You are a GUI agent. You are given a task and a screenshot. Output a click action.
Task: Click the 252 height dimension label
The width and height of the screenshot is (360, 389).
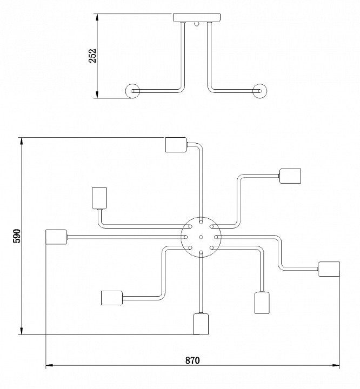coord(92,56)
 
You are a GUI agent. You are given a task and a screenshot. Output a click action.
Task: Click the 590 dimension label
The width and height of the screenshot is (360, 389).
coord(17,236)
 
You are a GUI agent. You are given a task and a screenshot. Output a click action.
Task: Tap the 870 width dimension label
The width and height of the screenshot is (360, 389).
coord(192,360)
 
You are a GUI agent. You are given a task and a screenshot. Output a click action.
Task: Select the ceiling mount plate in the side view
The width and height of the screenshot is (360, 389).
coord(197,18)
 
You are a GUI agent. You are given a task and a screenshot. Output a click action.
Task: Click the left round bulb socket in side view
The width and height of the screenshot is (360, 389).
coord(132,91)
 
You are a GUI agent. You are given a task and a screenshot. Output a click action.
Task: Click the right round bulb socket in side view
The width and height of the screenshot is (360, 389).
coord(259,91)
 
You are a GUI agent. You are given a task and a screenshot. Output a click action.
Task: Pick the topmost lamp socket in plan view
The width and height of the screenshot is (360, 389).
coord(176,145)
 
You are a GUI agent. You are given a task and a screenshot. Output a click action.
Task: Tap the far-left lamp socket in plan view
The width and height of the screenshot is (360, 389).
coord(57,237)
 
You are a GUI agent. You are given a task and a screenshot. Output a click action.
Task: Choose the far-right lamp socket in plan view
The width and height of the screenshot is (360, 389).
coord(329,269)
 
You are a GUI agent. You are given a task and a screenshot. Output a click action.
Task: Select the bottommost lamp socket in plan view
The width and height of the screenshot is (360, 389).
coord(201,324)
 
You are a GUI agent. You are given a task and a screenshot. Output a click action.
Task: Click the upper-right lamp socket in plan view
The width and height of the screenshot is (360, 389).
coord(290,176)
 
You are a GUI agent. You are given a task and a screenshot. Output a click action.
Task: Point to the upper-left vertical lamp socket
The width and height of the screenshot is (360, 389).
coord(99,198)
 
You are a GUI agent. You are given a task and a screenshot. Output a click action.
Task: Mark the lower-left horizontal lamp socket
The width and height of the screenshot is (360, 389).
coord(112,298)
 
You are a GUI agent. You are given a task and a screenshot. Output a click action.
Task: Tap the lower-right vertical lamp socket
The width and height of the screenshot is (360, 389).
coord(262,303)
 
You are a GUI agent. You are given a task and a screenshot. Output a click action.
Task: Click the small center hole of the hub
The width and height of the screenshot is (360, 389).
coord(201,237)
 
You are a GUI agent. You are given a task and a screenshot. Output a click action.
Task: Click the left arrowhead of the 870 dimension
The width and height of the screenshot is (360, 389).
coord(49,365)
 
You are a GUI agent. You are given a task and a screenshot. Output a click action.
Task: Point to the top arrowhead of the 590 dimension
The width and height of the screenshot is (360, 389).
coord(22,141)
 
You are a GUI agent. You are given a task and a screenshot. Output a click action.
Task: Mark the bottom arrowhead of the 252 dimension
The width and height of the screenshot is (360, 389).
coord(97,95)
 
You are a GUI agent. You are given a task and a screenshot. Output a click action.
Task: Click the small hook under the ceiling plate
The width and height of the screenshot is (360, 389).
coord(197,24)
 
